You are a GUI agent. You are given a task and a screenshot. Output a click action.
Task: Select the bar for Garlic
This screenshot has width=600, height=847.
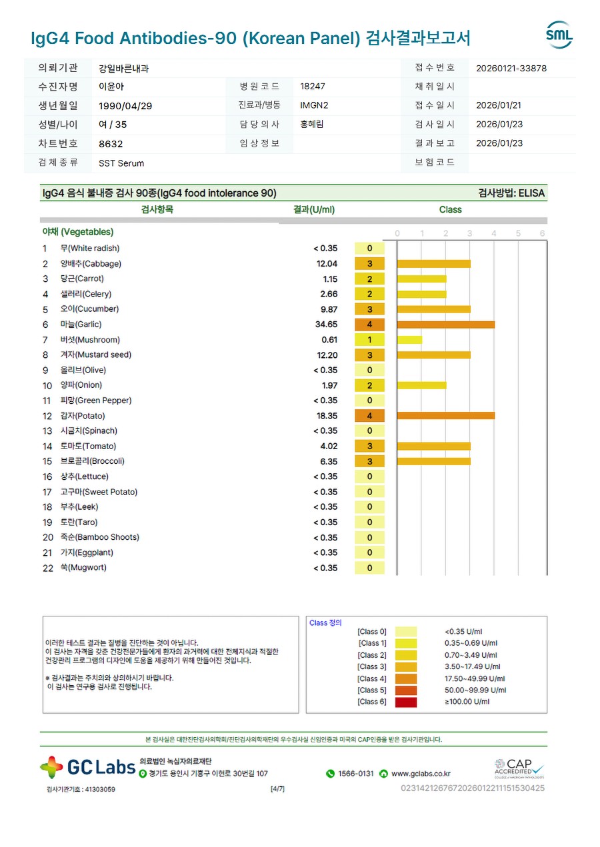(445, 325)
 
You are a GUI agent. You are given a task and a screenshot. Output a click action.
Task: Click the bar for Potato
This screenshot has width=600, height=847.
(445, 416)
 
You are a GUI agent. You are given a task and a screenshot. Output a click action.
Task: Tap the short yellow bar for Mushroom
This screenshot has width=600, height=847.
(409, 340)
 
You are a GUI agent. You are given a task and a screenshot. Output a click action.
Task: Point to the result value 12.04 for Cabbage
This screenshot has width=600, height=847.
(327, 264)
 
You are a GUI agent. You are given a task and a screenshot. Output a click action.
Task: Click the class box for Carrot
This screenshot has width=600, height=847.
(369, 279)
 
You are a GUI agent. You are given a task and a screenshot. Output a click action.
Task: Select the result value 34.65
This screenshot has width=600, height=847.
(327, 325)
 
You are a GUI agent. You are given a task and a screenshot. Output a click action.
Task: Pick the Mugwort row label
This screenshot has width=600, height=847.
(83, 568)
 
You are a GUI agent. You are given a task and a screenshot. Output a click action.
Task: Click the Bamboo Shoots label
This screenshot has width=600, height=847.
(100, 538)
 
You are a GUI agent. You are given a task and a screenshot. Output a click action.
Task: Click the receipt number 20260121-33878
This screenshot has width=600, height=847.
(511, 68)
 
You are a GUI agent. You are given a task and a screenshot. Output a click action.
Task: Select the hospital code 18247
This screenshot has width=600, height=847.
(313, 87)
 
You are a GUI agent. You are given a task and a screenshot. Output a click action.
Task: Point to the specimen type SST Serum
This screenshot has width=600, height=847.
(121, 163)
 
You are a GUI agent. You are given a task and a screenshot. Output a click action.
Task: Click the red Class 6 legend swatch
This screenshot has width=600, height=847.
(405, 702)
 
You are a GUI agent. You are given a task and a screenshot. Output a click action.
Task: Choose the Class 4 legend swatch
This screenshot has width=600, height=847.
(405, 678)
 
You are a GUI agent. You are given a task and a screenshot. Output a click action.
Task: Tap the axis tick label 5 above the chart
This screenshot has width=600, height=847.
(518, 233)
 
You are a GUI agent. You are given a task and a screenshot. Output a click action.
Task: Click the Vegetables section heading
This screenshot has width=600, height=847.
(78, 233)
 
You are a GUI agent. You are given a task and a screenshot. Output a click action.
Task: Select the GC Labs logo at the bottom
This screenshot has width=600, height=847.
(87, 768)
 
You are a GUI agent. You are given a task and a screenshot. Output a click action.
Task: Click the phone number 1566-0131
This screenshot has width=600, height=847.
(355, 774)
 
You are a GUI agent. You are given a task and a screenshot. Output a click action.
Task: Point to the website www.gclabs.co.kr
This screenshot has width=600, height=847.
(420, 774)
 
